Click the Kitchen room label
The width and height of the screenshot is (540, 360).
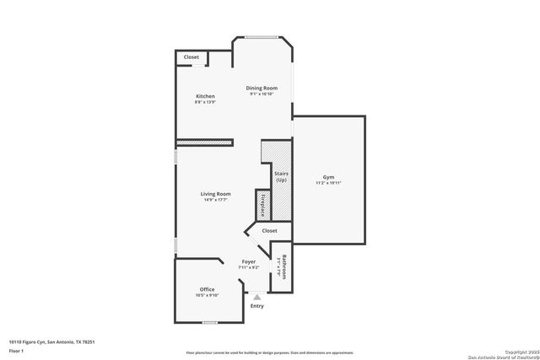205,96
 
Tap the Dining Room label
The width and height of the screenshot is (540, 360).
262,88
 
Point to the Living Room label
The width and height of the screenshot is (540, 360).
215,194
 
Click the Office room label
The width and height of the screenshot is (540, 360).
207,289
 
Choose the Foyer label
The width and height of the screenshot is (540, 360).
249,261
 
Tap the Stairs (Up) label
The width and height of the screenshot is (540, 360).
281,177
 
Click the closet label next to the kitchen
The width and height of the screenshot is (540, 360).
192,57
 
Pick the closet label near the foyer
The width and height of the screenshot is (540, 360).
269,230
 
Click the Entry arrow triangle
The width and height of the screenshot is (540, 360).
256,297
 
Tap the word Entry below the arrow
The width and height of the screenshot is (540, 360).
256,305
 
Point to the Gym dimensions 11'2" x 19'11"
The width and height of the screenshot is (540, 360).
328,182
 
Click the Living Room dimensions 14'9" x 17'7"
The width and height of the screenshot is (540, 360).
215,200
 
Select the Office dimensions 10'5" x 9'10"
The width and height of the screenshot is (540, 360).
207,295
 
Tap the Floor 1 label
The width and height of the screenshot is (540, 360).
16,351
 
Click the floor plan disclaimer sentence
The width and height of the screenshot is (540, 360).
269,352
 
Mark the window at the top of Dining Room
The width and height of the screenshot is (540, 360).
262,36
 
